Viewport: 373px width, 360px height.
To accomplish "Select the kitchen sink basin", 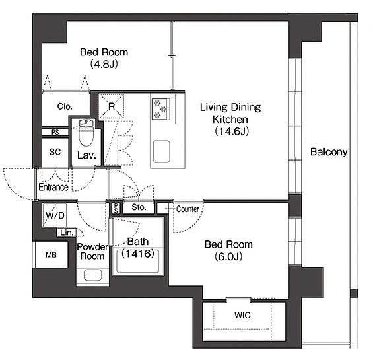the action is [162, 151].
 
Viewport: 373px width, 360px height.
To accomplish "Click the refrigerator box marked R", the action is [112, 106].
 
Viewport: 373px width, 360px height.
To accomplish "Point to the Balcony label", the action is [329, 152].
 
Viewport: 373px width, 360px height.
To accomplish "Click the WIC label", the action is [242, 315].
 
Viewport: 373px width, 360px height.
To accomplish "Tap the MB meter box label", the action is [51, 255].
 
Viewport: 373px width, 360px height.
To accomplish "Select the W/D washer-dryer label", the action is [55, 215].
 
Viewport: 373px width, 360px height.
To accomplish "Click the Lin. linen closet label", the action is [67, 233].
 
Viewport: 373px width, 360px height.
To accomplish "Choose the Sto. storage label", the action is [139, 207].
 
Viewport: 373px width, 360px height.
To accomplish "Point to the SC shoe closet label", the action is [55, 152].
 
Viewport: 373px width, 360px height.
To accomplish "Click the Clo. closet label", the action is [65, 106].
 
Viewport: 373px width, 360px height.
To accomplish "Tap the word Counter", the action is [187, 209].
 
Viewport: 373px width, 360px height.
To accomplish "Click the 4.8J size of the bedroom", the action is [104, 64].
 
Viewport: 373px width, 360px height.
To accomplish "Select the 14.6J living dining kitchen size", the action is [232, 131].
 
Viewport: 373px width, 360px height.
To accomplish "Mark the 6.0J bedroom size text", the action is [228, 256].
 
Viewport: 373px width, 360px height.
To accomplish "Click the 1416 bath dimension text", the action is [138, 254].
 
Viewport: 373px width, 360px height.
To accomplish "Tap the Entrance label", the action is [53, 187].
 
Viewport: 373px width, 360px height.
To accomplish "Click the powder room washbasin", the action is [93, 275].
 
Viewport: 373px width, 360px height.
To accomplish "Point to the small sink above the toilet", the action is [86, 123].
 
